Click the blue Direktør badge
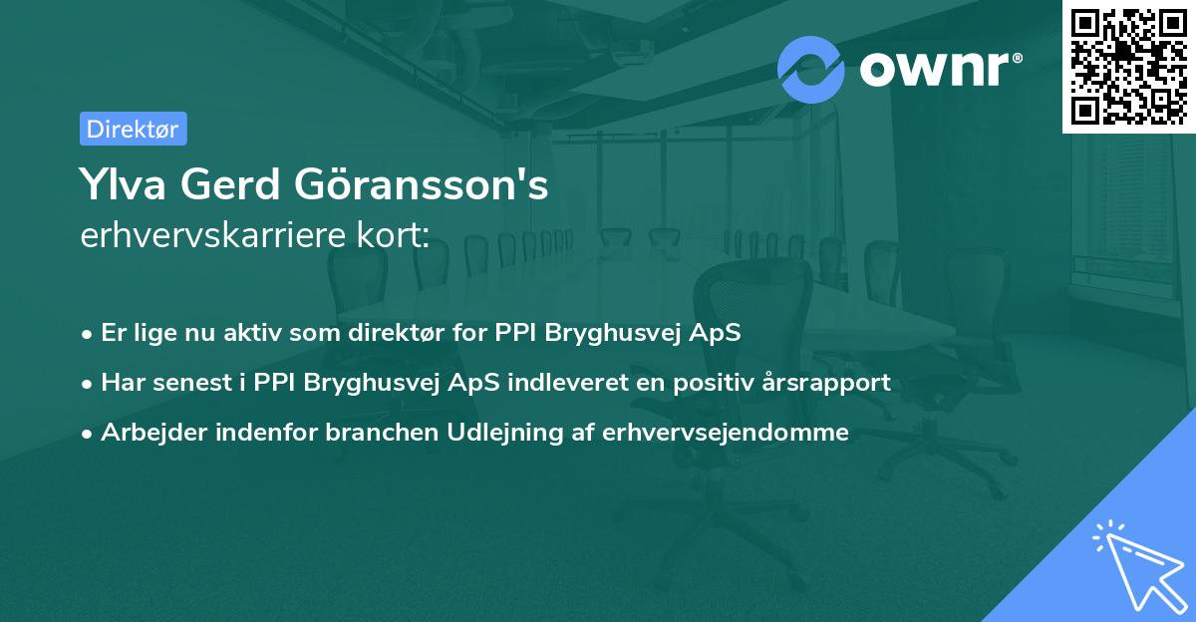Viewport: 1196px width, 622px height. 133,129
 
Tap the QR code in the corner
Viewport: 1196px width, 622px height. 1128,66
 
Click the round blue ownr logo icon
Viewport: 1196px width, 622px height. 811,69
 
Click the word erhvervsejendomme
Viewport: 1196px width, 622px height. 726,433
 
